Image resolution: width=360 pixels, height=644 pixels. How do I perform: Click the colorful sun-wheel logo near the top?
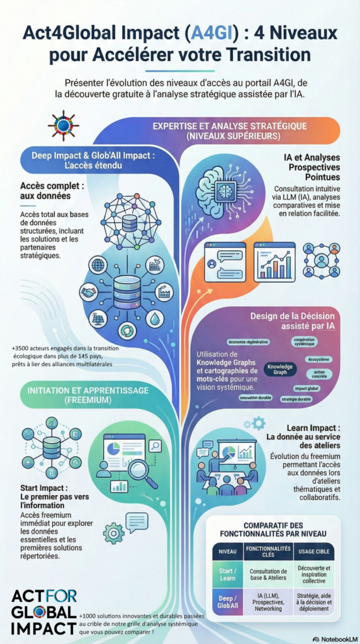64,126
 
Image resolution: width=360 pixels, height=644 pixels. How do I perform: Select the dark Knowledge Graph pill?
280,369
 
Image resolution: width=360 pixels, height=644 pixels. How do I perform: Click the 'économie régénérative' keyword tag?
248,341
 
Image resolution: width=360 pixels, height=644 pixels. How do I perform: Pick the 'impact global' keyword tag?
307,388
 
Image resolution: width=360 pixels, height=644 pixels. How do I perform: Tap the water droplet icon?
155,318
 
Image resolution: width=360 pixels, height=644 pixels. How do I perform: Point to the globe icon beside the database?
99,264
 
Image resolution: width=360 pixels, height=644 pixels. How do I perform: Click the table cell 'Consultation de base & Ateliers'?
268,574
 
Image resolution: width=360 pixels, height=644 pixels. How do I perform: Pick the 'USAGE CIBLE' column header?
315,552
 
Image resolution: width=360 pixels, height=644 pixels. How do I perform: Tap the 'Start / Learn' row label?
227,574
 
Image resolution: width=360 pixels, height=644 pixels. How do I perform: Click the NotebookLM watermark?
335,639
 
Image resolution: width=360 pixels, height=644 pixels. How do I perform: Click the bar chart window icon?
274,262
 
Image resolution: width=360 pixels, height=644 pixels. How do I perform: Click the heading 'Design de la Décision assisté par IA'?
293,321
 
